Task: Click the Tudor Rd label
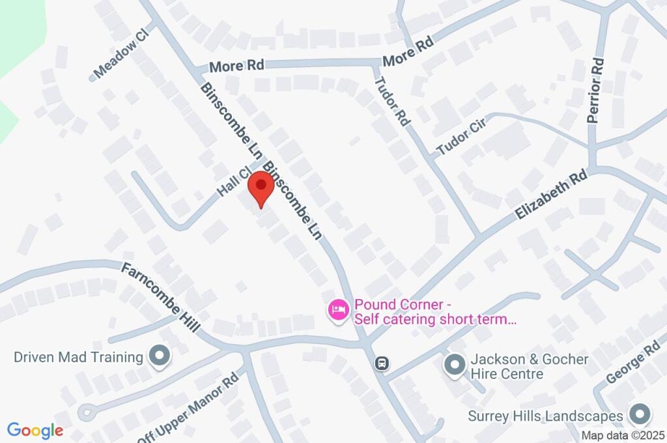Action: click(x=393, y=102)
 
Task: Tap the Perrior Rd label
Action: click(x=596, y=89)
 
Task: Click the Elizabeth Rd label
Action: click(x=550, y=195)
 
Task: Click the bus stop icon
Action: click(x=382, y=363)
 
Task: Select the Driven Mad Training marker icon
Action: click(x=158, y=356)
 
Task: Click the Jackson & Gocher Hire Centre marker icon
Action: click(x=454, y=365)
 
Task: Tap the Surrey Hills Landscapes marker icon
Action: click(x=640, y=415)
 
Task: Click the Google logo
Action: click(x=35, y=431)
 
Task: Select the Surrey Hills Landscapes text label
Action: click(x=546, y=416)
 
